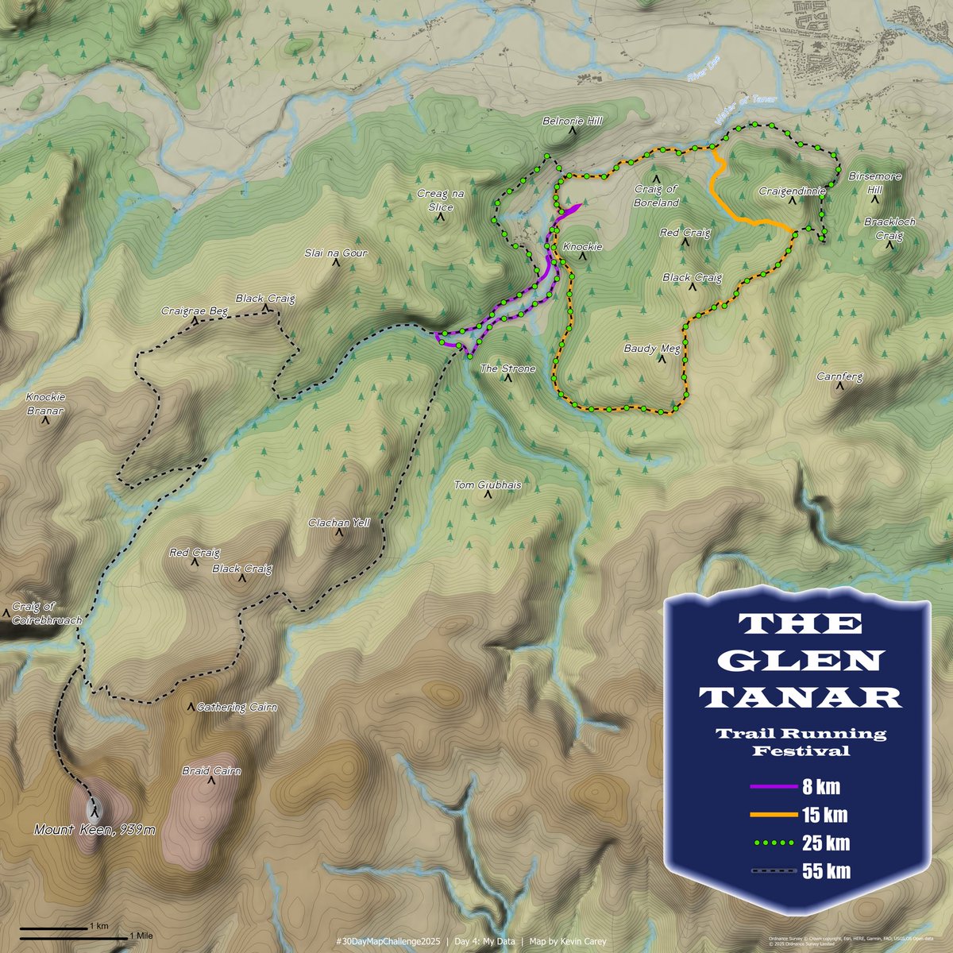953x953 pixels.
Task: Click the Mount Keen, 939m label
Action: click(x=95, y=830)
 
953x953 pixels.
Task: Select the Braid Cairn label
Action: click(x=211, y=770)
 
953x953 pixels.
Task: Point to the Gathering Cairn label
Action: click(x=237, y=707)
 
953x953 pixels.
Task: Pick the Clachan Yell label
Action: click(x=339, y=523)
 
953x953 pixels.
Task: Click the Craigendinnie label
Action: click(x=793, y=191)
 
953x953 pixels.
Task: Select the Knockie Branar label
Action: click(x=44, y=403)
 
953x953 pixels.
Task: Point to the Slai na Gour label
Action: click(x=336, y=253)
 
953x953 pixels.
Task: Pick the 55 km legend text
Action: click(x=826, y=871)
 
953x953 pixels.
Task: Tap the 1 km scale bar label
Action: click(x=99, y=926)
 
